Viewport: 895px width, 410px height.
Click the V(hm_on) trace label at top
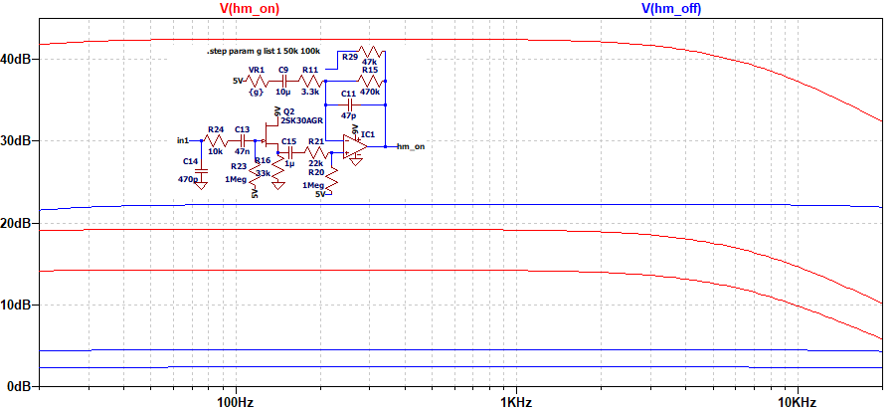[249, 8]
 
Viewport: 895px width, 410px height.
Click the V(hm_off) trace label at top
[673, 8]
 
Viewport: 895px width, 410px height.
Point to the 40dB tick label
[20, 59]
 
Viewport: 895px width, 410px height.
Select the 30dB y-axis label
[20, 141]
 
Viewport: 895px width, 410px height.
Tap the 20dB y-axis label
[20, 223]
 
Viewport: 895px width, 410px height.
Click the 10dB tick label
[20, 305]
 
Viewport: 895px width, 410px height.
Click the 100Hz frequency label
[236, 402]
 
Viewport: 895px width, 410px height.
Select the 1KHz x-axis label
[516, 402]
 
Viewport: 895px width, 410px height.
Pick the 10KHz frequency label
[797, 402]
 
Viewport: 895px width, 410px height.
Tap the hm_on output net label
[410, 146]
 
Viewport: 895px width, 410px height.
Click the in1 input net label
[183, 139]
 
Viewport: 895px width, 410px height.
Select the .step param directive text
[263, 50]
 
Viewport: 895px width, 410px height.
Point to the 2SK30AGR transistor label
[301, 119]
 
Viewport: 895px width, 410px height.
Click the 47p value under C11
[348, 115]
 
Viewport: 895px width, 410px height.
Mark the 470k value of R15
[370, 91]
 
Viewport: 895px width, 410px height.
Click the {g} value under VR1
[257, 91]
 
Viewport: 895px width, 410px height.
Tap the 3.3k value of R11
[310, 91]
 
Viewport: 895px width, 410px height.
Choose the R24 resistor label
[216, 129]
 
